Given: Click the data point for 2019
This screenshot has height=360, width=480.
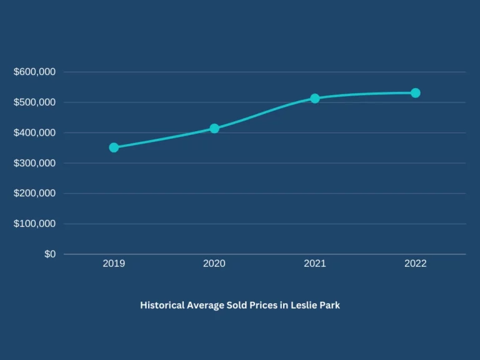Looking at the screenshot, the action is point(114,147).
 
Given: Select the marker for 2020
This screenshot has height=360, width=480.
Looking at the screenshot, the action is point(214,129).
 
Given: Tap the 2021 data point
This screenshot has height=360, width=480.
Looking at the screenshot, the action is point(315,99).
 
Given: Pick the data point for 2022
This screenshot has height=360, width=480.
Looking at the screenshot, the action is point(416,93).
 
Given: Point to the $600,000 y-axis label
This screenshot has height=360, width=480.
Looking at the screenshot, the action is point(34,72).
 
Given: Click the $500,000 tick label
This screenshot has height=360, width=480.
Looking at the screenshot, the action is point(34,102).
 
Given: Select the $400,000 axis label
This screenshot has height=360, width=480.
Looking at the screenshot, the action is point(34,132).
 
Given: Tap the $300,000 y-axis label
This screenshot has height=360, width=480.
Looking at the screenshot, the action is point(34,163).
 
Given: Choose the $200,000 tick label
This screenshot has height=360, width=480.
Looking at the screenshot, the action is point(34,193).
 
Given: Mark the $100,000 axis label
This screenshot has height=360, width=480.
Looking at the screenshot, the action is point(34,224).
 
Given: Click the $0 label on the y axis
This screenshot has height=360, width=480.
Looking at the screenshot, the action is point(50,254).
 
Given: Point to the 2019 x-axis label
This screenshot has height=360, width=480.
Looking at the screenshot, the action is point(114,264).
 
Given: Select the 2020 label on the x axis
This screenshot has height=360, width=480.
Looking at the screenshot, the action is point(214,264).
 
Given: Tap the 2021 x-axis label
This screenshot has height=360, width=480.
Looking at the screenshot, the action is point(315,264).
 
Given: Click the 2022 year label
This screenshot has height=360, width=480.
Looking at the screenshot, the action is point(416,264).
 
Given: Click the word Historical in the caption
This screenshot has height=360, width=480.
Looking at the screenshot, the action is point(162,305).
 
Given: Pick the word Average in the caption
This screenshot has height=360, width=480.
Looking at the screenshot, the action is point(206,306).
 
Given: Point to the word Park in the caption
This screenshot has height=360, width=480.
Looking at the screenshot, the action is point(330,305).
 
